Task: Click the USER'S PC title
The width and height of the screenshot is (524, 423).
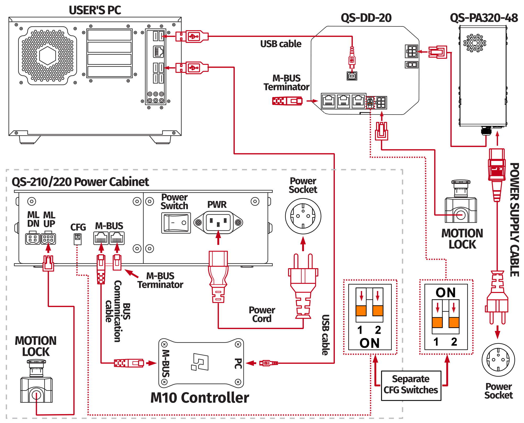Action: [95, 10]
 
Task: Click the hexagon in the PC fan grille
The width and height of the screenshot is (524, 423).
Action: [47, 55]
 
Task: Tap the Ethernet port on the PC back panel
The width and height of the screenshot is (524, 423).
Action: [158, 52]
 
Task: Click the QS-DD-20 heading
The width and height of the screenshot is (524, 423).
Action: [366, 18]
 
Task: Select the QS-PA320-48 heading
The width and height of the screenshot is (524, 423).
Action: [484, 18]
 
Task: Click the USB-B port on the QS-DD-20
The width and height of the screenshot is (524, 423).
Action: [352, 76]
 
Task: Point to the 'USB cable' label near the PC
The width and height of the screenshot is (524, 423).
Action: [281, 44]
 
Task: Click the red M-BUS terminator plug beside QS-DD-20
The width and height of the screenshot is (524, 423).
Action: [287, 101]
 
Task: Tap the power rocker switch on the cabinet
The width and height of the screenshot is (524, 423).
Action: [176, 223]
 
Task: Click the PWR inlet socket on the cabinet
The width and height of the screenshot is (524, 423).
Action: [218, 223]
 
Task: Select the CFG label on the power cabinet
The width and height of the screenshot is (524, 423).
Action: [78, 227]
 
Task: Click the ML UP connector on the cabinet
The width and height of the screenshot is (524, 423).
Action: [48, 239]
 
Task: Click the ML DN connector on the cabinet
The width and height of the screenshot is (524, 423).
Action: [32, 239]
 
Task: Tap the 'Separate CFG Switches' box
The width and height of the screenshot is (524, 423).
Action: [411, 385]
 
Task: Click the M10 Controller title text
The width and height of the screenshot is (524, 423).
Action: [200, 398]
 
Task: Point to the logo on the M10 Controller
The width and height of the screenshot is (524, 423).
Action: [200, 362]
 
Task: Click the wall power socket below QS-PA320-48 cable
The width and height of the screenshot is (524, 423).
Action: [498, 360]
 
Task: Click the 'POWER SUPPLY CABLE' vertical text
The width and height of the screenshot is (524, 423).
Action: [514, 220]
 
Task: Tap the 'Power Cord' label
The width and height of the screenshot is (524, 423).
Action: [262, 314]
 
